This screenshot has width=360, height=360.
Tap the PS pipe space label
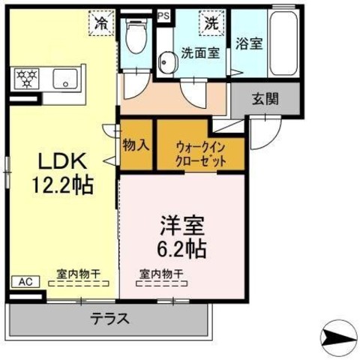click(x=163, y=16)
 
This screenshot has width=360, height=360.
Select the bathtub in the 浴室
click(x=284, y=43)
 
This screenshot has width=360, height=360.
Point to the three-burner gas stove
click(x=26, y=78)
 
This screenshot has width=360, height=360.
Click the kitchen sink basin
click(x=65, y=79)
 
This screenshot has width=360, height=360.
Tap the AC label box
click(x=25, y=282)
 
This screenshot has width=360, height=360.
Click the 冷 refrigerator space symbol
click(x=101, y=23)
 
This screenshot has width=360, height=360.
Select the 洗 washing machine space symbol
click(x=212, y=23)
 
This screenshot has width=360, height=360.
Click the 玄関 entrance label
click(x=265, y=99)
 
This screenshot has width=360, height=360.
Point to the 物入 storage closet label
click(x=136, y=145)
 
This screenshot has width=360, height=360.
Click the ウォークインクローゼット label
click(x=201, y=154)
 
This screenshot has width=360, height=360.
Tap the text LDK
click(x=62, y=160)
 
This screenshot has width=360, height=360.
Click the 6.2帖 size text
click(x=181, y=249)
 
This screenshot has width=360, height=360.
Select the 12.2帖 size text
click(x=63, y=185)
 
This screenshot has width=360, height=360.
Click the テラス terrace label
click(x=110, y=319)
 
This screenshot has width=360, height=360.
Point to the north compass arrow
click(x=339, y=337)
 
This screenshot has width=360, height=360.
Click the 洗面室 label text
click(x=200, y=52)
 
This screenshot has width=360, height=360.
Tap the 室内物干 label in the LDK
click(x=79, y=274)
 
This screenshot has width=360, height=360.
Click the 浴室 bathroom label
click(x=249, y=43)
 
